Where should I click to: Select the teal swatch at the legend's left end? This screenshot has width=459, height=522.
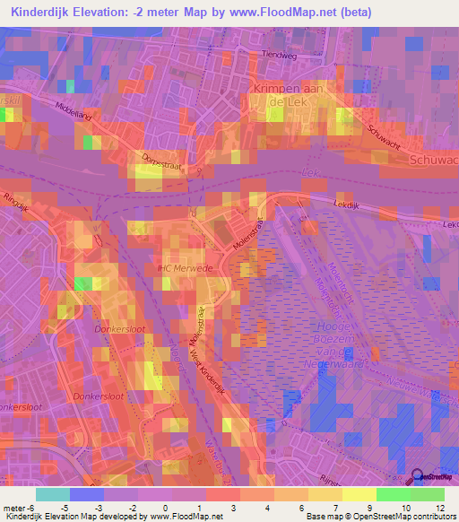53,494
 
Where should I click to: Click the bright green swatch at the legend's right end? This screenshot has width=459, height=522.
427,494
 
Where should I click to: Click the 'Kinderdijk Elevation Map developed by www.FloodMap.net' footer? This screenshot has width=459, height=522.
112,517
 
